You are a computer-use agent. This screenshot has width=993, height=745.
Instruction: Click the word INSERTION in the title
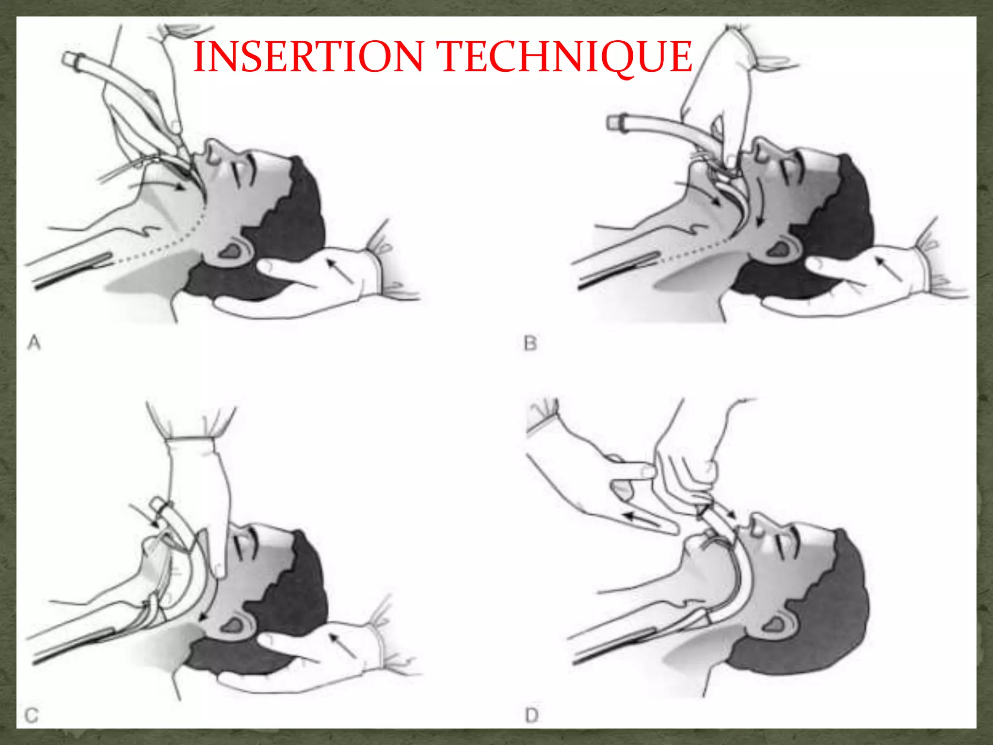click(x=309, y=57)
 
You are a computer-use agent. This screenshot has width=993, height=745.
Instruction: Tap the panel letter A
click(x=34, y=343)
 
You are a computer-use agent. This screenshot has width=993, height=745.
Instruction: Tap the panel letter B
click(x=530, y=344)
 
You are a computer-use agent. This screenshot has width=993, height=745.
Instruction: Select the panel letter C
click(x=32, y=715)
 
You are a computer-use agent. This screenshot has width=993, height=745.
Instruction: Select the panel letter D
click(x=532, y=715)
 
